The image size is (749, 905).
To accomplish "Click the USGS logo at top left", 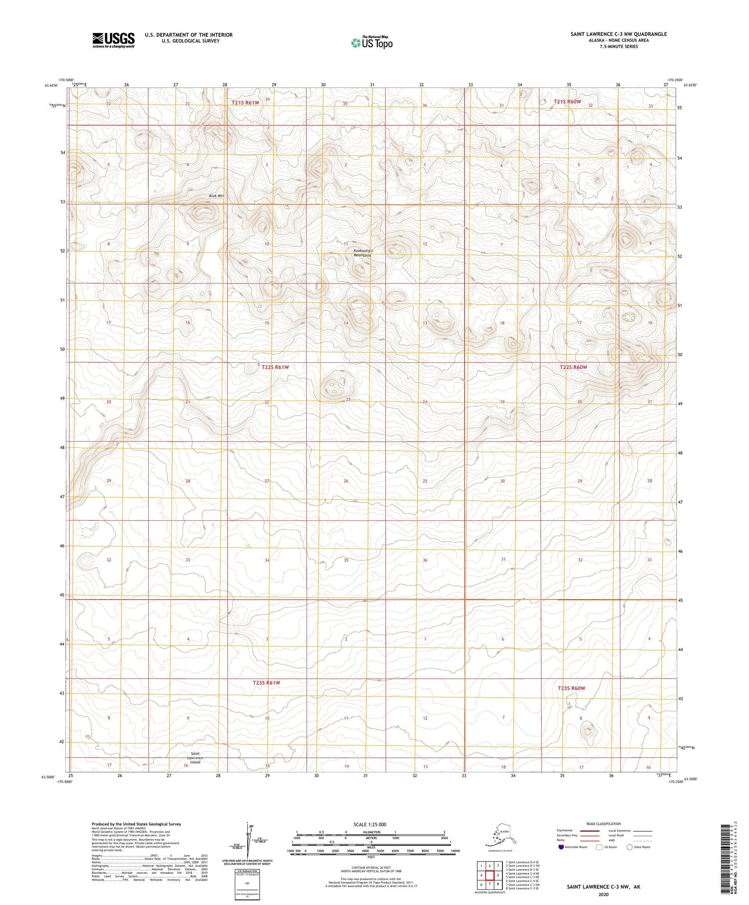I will [x=113, y=40].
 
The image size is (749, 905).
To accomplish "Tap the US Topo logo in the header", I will [x=371, y=43].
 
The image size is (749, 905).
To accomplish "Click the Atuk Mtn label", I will [x=216, y=196].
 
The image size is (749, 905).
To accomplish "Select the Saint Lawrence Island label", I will [x=195, y=758].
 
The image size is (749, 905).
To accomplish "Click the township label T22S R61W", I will [x=275, y=367].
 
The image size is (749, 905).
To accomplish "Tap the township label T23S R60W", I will [x=571, y=688].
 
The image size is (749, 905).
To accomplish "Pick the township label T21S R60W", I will [x=567, y=102].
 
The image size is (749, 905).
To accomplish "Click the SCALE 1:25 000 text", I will [x=370, y=825].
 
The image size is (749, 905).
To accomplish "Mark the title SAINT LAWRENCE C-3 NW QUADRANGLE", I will [x=618, y=34].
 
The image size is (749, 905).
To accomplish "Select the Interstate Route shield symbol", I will [x=561, y=847].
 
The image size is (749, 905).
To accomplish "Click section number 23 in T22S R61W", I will [x=348, y=400].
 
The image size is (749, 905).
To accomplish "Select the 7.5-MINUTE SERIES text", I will [x=618, y=47].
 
